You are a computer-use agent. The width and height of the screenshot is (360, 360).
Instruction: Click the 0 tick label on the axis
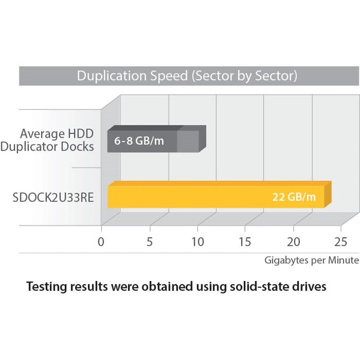pyautogui.click(x=101, y=242)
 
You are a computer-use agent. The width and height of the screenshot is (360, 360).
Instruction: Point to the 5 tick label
pyautogui.click(x=149, y=242)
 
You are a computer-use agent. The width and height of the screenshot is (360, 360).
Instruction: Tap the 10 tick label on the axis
pyautogui.click(x=198, y=242)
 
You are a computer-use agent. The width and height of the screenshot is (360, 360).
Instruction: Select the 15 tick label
pyautogui.click(x=245, y=242)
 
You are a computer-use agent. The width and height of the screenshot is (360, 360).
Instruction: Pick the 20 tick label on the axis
pyautogui.click(x=293, y=242)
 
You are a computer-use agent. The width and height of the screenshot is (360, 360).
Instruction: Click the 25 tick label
pyautogui.click(x=341, y=242)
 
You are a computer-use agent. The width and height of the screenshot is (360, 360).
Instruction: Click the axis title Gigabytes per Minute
pyautogui.click(x=312, y=260)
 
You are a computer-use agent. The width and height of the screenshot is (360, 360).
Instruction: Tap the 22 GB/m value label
pyautogui.click(x=294, y=197)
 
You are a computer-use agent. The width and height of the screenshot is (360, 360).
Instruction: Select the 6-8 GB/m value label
pyautogui.click(x=139, y=141)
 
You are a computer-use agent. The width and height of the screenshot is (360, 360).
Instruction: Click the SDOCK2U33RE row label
pyautogui.click(x=53, y=198)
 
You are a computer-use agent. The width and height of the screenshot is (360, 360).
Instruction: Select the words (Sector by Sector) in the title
pyautogui.click(x=245, y=76)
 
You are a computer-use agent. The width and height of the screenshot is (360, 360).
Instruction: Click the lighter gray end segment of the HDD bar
pyautogui.click(x=188, y=141)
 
